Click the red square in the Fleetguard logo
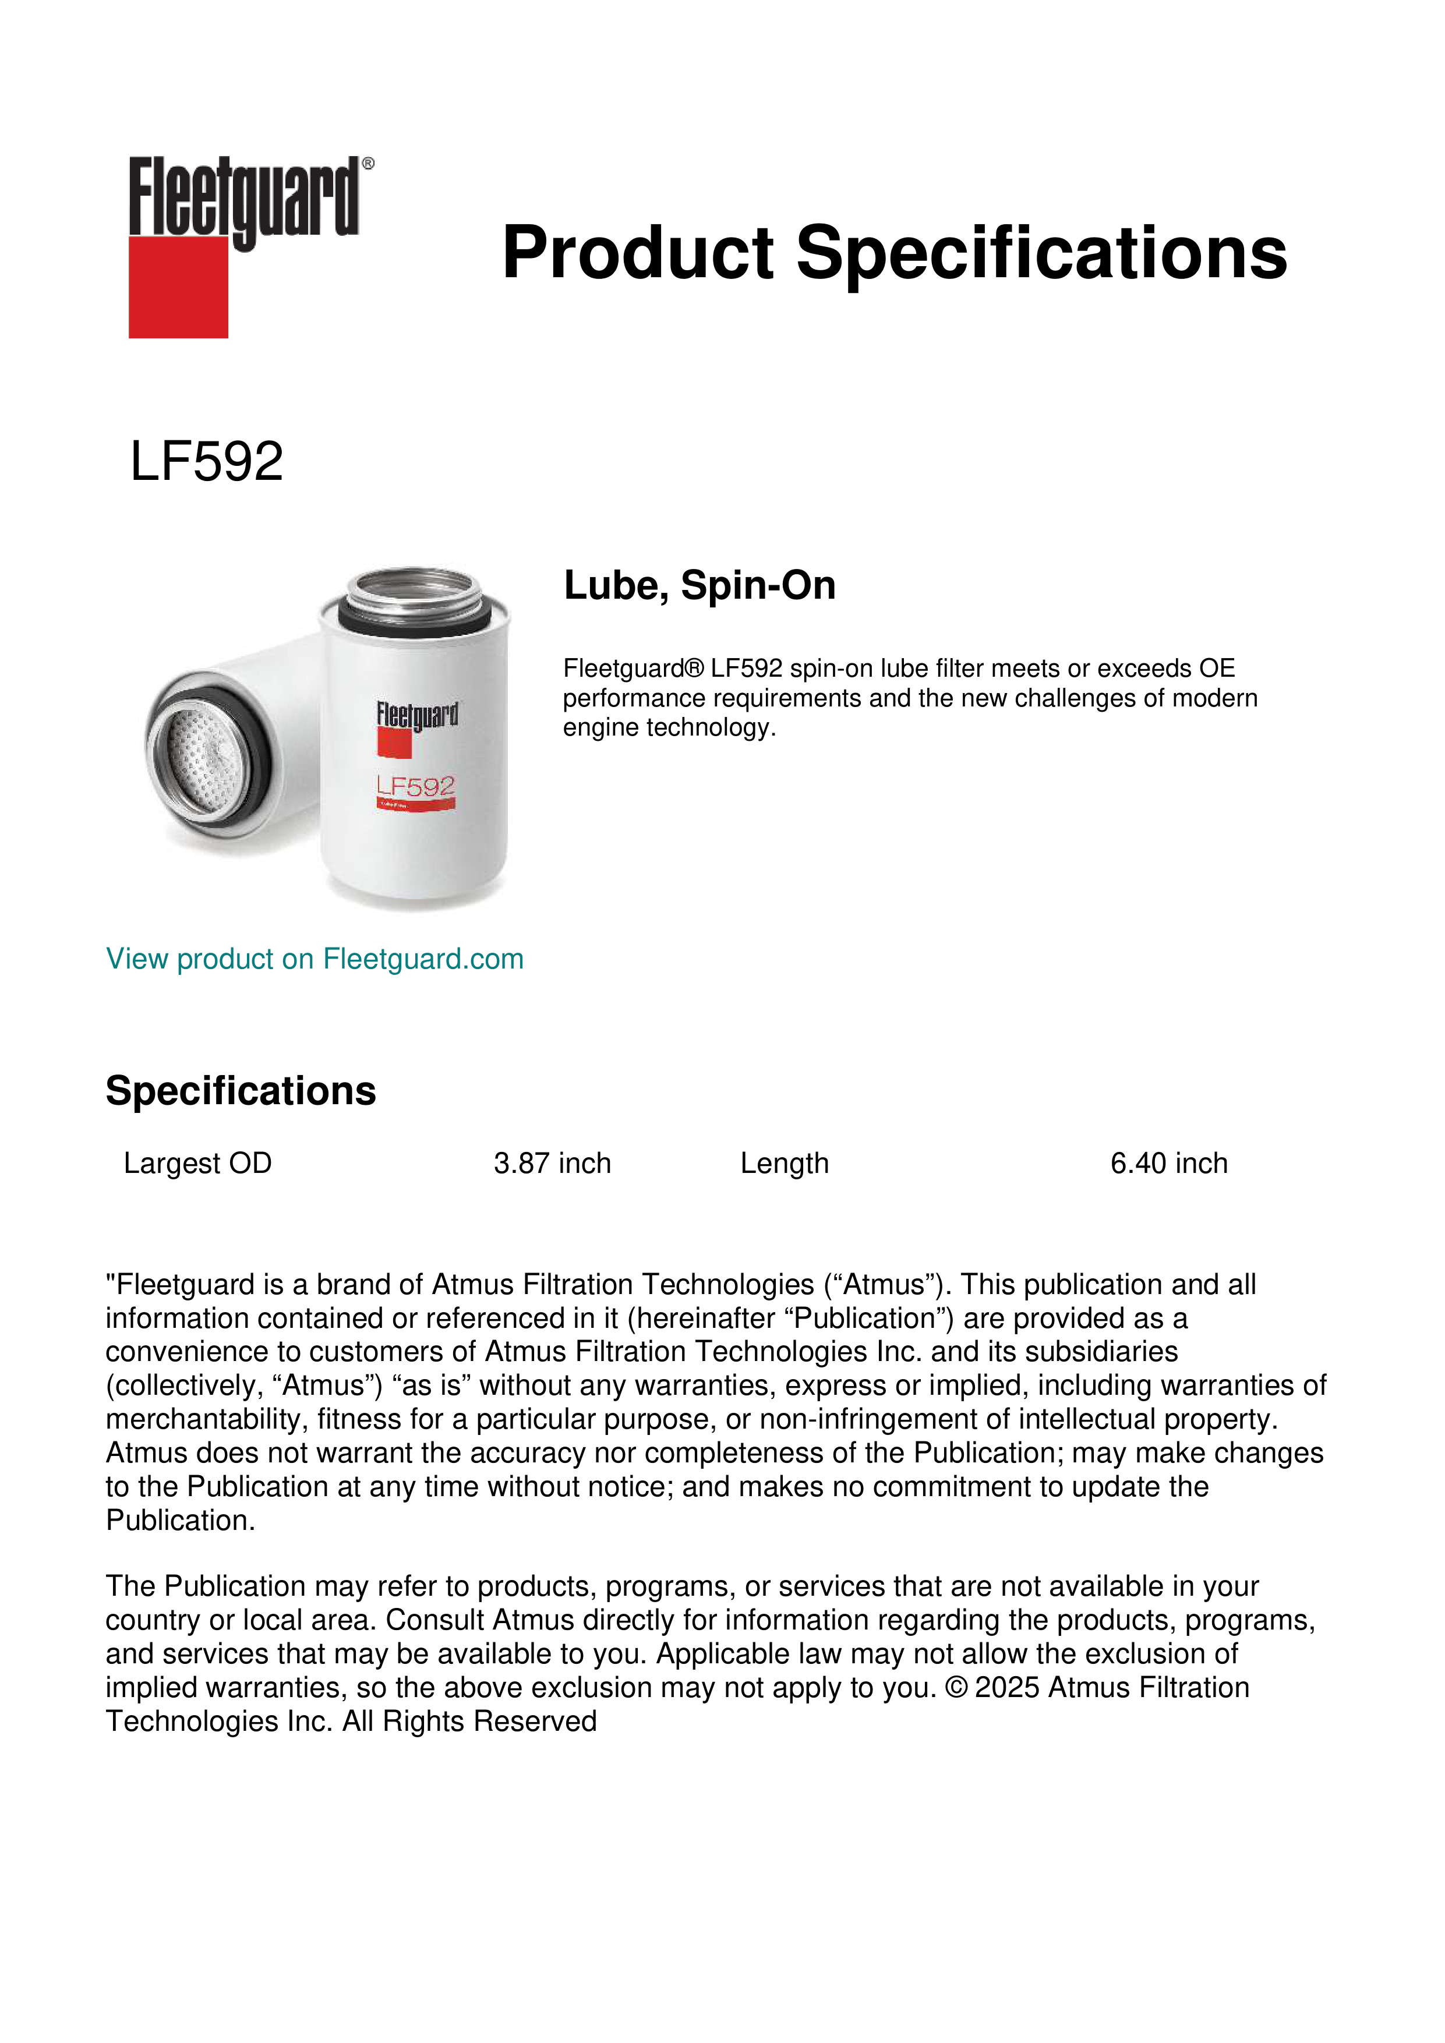tap(178, 287)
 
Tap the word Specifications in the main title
tap(1040, 253)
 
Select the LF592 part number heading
tap(206, 462)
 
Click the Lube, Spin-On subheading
tap(699, 585)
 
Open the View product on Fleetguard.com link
tap(314, 959)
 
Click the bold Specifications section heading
tap(240, 1090)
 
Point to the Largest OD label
tap(197, 1163)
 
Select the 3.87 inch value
tap(552, 1163)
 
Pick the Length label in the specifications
tap(784, 1163)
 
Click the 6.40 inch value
tap(1168, 1163)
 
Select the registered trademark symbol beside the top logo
tap(368, 164)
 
